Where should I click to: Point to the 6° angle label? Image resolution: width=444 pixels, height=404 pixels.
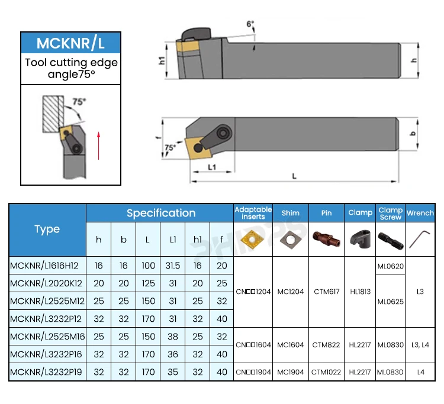point(250,24)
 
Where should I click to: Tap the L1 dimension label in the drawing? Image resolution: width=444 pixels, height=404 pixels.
point(212,167)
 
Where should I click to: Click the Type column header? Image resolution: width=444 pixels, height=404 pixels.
point(47,230)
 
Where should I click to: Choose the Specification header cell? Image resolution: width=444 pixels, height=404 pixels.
point(160,213)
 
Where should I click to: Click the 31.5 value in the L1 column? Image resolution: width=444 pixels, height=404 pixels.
point(173,266)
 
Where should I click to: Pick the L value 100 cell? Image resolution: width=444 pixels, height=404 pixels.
point(149,266)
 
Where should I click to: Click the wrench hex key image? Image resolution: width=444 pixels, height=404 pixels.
point(420,239)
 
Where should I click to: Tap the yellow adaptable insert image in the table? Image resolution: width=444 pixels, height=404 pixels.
point(253,239)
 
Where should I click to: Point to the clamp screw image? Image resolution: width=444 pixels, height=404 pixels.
point(391,240)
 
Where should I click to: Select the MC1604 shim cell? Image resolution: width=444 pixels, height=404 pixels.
point(291,344)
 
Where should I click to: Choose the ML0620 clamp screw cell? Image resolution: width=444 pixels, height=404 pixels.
point(391,266)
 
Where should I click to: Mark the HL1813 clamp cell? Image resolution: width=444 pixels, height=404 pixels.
point(361,292)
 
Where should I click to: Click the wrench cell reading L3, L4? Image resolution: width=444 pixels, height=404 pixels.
point(420,344)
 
